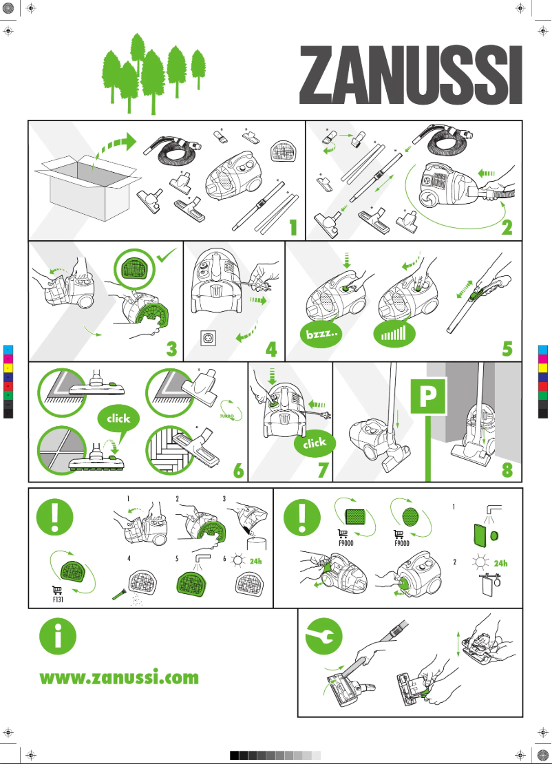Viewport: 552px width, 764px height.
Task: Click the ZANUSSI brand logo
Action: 411,75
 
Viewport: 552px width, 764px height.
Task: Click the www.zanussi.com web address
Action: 119,677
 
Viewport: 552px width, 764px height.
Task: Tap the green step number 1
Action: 293,228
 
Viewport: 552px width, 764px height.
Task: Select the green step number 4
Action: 271,349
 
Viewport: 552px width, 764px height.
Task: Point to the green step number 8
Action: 507,469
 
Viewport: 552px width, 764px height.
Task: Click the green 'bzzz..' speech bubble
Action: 321,335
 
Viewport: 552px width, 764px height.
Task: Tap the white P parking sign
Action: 428,396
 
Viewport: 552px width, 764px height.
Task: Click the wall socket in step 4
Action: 209,338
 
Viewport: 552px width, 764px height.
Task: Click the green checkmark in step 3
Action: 167,255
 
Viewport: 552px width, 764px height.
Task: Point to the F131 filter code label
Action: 58,599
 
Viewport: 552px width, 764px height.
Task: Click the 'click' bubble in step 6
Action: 118,418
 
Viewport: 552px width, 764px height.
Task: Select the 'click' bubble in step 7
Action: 315,443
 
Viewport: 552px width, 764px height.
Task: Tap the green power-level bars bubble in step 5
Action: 394,335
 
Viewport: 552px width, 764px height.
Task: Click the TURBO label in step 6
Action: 226,416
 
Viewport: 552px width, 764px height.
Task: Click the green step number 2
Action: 507,228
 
